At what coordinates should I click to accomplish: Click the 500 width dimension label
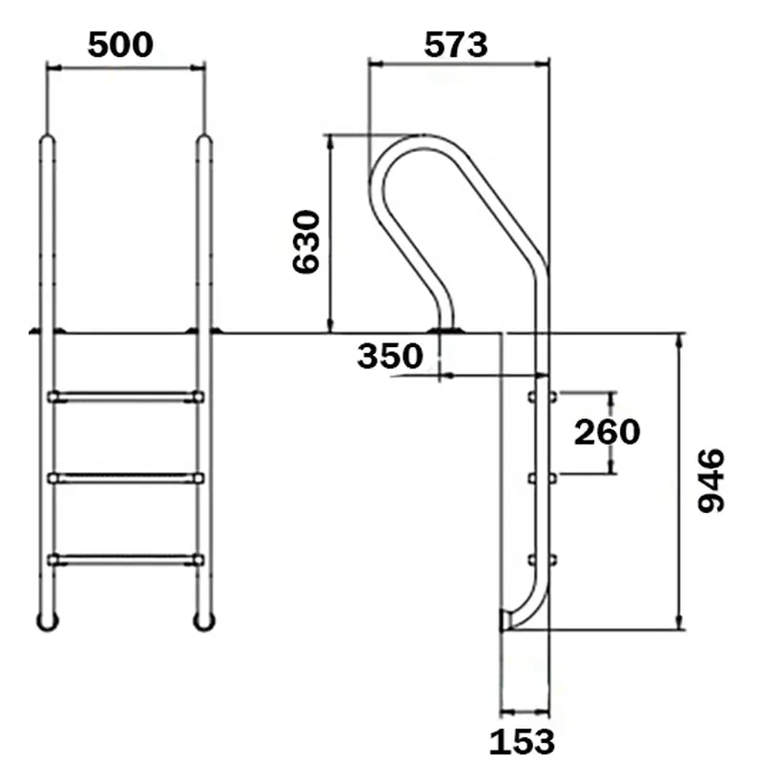point(120,45)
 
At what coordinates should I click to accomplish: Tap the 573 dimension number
point(456,45)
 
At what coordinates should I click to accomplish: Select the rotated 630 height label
point(306,242)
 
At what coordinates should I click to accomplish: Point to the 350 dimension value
point(390,356)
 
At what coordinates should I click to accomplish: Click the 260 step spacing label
point(607,432)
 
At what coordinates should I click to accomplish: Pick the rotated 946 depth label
point(711,481)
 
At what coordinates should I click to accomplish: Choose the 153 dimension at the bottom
point(522,743)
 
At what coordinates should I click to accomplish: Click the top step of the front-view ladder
point(126,397)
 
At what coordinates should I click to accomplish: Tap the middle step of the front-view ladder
point(126,478)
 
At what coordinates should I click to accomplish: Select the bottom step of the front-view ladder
point(126,560)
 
